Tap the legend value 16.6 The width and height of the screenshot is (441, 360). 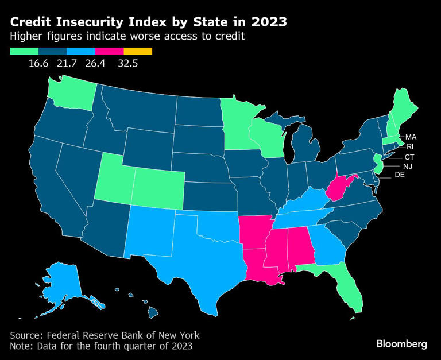pos(38,63)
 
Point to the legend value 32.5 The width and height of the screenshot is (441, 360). pos(128,63)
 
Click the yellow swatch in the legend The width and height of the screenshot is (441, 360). pos(138,51)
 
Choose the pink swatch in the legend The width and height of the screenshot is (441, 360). pos(110,51)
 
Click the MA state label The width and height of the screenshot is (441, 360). pos(411,137)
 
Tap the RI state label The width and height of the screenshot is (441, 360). pos(410,146)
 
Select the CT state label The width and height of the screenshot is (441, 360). pos(409,157)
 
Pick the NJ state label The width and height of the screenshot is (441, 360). pos(407,166)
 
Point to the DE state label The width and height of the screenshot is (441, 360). pos(400,175)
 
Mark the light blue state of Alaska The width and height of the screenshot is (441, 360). pos(63,281)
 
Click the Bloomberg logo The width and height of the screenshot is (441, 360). pos(402,344)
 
